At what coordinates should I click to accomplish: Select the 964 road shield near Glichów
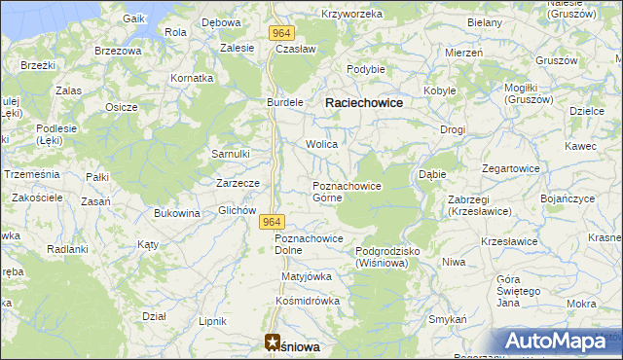[x=272, y=223]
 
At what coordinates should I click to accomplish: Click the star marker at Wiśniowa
[x=272, y=342]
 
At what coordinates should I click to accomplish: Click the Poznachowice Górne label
[x=346, y=191]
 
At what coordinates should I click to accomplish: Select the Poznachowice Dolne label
[x=309, y=244]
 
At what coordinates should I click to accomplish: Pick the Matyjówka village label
[x=307, y=276]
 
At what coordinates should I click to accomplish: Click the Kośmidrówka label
[x=308, y=301]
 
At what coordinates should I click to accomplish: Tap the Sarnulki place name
[x=232, y=154]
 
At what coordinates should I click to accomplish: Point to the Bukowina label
[x=176, y=213]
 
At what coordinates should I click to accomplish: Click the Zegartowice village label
[x=508, y=168]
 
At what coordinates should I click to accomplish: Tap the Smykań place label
[x=448, y=319]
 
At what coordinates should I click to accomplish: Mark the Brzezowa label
[x=118, y=50]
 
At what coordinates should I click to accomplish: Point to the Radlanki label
[x=67, y=249]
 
